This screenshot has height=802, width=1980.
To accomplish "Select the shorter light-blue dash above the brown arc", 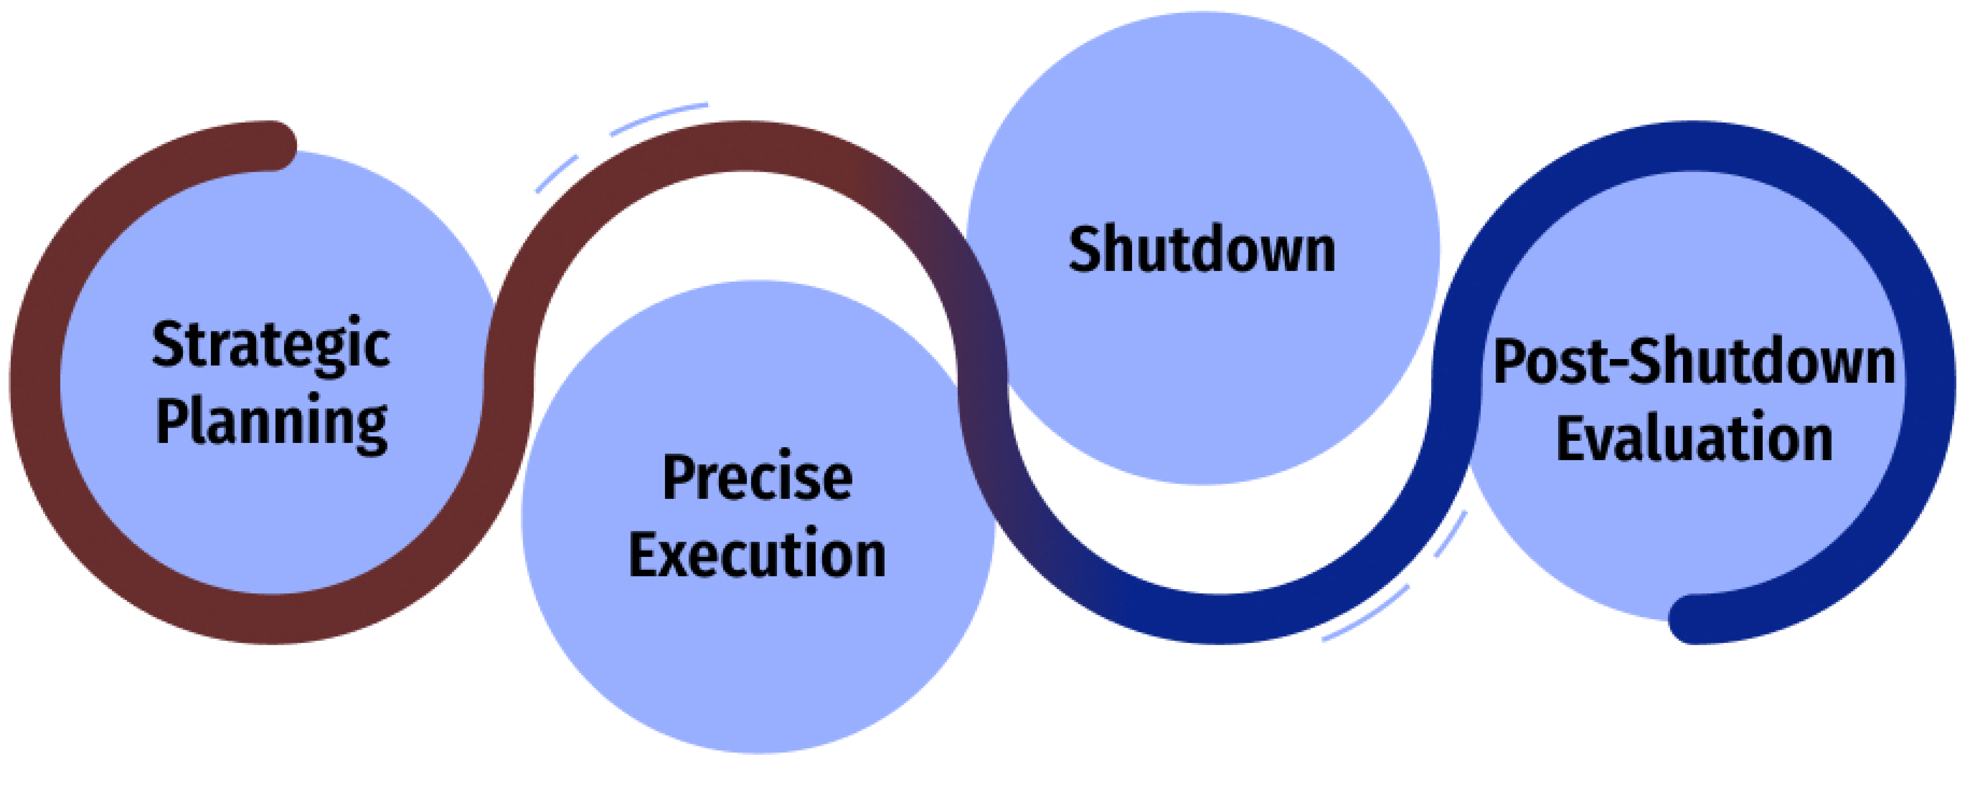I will pos(557,174).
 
